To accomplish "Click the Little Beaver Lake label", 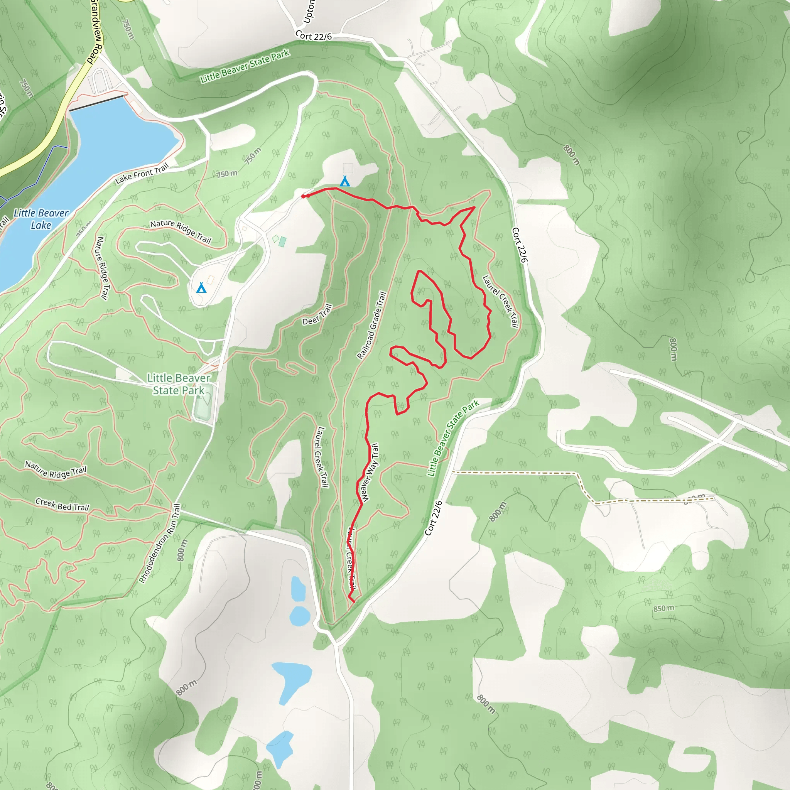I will (41, 219).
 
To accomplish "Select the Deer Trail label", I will (317, 315).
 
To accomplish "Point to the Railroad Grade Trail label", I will (371, 326).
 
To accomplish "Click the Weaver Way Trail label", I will (369, 473).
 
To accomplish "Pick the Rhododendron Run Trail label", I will (160, 544).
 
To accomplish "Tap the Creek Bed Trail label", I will (62, 505).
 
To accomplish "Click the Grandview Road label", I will (95, 31).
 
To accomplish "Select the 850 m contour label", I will (663, 608).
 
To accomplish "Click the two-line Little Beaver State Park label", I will (179, 384).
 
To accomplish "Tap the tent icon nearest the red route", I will (345, 181).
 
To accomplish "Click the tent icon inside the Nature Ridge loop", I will (201, 287).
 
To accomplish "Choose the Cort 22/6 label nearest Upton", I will (313, 36).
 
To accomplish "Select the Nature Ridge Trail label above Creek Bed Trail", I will (56, 470).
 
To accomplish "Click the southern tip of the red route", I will (353, 601).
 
